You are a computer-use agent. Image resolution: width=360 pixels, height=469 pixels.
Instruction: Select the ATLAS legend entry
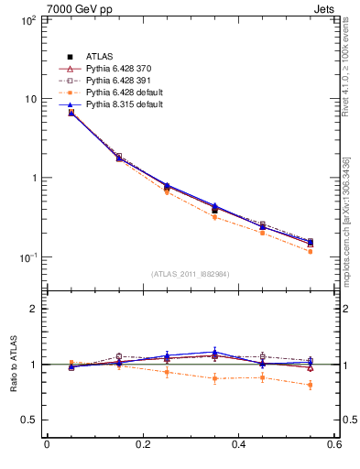100,58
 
